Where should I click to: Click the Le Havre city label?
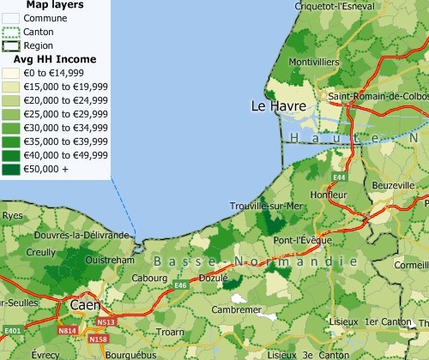point(275,106)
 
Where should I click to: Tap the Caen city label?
point(85,304)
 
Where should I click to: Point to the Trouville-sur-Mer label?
point(267,207)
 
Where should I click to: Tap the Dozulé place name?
point(213,278)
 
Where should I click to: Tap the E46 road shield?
point(180,285)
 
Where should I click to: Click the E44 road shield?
point(339,177)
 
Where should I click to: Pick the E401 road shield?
point(12,330)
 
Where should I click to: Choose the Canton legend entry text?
point(39,32)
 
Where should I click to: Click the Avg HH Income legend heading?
point(54,60)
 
